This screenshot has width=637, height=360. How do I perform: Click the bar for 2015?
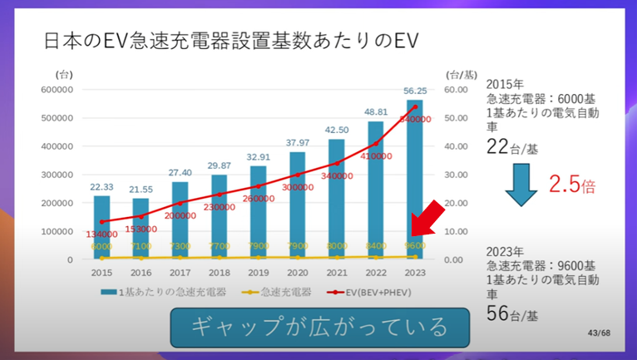point(101,226)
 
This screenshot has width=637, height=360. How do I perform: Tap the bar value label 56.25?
point(416,92)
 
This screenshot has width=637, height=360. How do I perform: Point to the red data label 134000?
point(101,234)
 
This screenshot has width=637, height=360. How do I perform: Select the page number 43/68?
point(598,333)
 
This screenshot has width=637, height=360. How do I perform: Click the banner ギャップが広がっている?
point(319,327)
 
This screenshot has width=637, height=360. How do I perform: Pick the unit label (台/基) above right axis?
point(459,73)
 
